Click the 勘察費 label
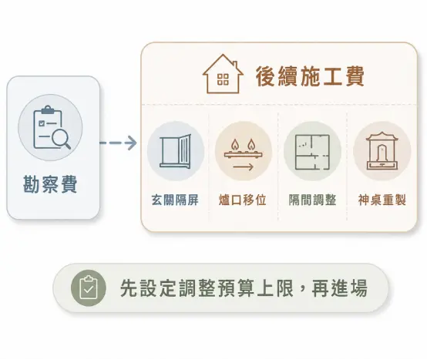click(50, 184)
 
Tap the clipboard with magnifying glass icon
click(51, 127)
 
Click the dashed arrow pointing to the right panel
click(118, 143)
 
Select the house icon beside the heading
click(223, 74)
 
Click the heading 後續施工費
click(310, 76)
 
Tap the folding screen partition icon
click(176, 151)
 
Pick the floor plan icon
click(312, 152)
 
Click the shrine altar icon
click(382, 151)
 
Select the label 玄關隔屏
click(175, 200)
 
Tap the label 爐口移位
click(242, 200)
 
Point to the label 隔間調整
click(312, 200)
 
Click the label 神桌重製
click(382, 200)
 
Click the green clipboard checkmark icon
click(89, 288)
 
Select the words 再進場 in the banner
click(340, 288)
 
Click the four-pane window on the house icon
click(223, 79)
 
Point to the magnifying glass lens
click(60, 137)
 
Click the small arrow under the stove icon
click(244, 167)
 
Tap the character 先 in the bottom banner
click(129, 288)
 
